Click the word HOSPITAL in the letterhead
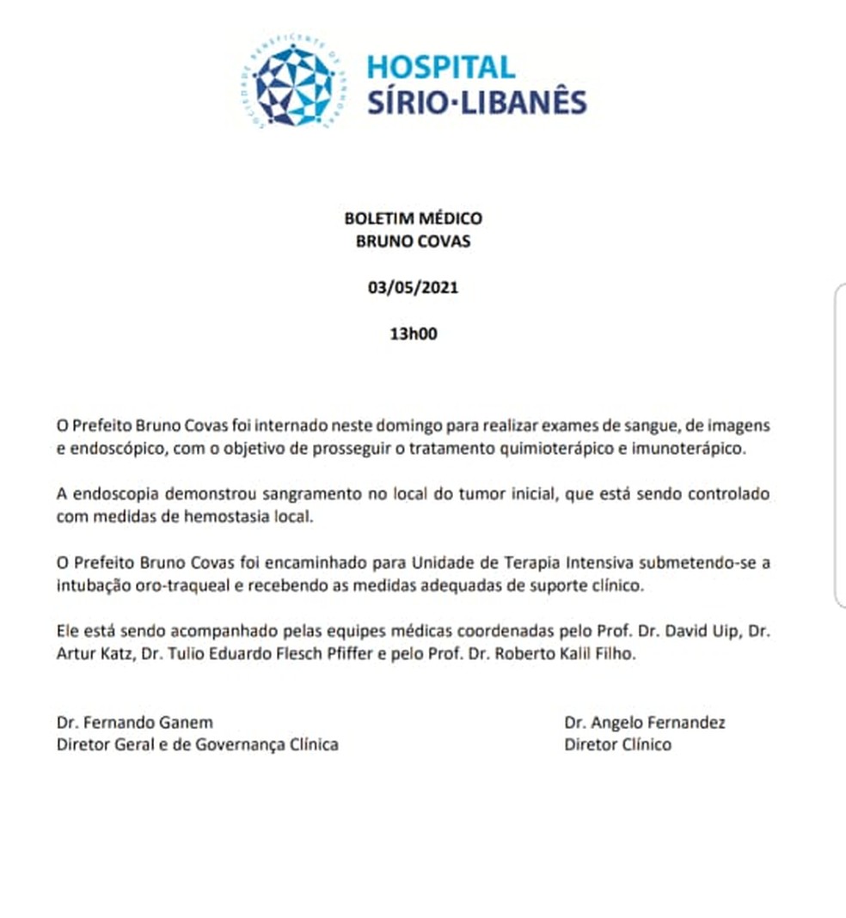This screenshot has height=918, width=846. tap(441, 67)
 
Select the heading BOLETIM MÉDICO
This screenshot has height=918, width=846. tap(413, 219)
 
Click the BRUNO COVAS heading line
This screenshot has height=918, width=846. tap(413, 242)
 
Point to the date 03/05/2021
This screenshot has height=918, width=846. tap(413, 288)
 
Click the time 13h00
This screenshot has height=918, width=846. tap(414, 334)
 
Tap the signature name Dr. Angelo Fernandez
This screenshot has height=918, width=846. tap(645, 723)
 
